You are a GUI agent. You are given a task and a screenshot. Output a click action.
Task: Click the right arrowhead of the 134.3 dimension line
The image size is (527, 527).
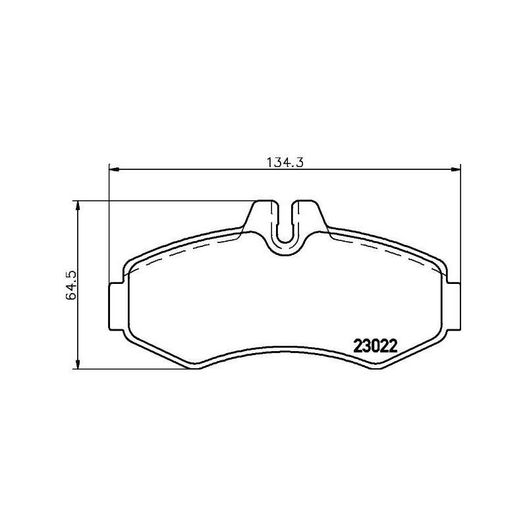point(455,170)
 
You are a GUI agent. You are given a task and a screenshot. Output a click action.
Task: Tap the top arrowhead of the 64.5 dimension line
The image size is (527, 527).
point(78,206)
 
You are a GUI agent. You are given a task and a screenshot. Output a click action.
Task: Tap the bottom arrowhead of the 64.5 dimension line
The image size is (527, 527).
point(78,364)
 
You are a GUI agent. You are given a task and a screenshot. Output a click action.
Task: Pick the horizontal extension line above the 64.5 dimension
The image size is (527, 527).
point(165,200)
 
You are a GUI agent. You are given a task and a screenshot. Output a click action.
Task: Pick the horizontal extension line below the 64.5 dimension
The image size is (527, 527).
point(132,370)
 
